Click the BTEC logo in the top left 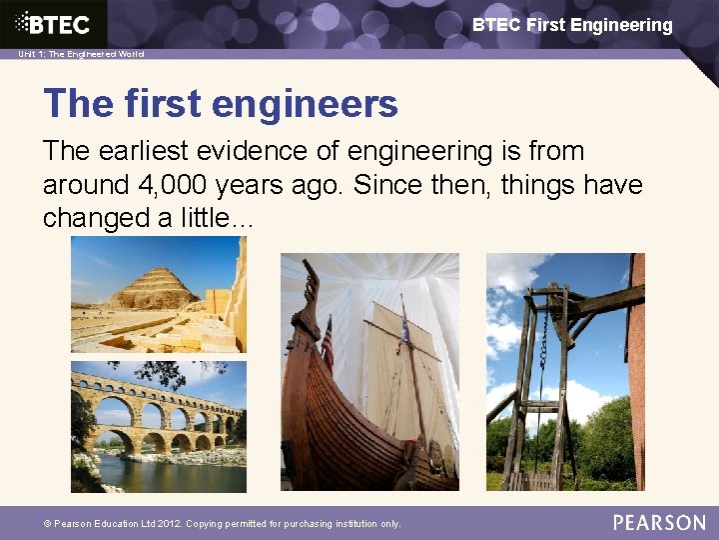tap(55, 24)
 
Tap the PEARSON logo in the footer tap(659, 522)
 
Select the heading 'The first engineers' tap(221, 103)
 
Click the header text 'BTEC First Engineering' tap(572, 25)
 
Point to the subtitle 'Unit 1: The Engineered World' tap(81, 54)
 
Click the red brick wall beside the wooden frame tap(636, 380)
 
